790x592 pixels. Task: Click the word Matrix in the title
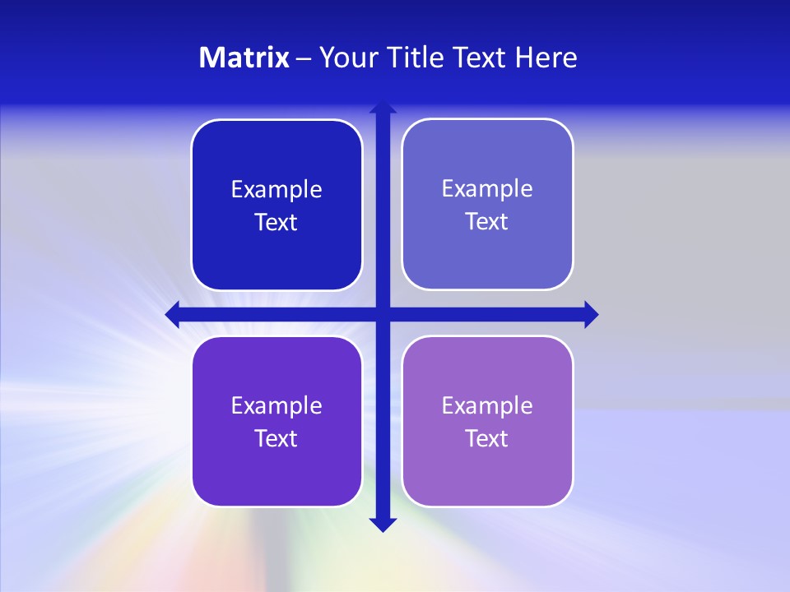tap(244, 58)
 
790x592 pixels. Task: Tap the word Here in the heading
tap(546, 58)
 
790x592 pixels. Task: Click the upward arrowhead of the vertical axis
tap(383, 107)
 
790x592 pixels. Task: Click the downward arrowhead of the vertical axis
tap(383, 525)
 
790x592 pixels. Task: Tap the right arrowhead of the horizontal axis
tap(591, 314)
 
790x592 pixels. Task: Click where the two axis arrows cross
tap(383, 314)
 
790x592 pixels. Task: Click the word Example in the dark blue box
tap(276, 190)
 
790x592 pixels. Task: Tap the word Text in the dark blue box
tap(276, 223)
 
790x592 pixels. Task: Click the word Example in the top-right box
tap(487, 189)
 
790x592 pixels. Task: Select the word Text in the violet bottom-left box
tap(276, 439)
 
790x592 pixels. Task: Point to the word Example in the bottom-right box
tap(487, 405)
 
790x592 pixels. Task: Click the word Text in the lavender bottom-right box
tap(487, 439)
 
